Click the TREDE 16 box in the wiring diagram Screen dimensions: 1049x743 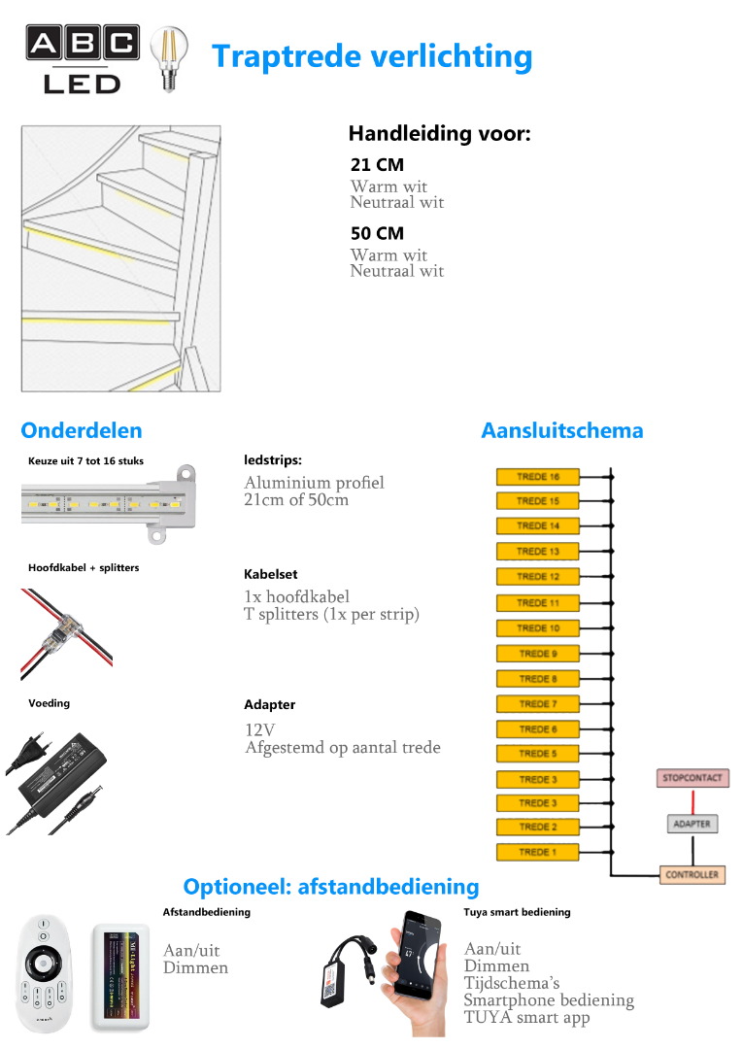(x=537, y=476)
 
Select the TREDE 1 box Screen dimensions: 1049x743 (x=537, y=852)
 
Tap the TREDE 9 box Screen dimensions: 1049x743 (x=537, y=653)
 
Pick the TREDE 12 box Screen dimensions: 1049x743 (x=537, y=576)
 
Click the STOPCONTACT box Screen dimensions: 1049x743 (x=692, y=778)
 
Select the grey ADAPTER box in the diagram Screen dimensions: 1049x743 (x=692, y=824)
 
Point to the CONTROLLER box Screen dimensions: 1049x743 (x=692, y=874)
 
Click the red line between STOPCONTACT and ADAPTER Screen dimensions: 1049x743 (x=692, y=800)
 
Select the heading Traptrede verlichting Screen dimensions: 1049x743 (x=372, y=56)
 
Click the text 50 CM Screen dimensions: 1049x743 (x=377, y=233)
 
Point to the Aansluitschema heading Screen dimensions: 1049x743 (x=561, y=430)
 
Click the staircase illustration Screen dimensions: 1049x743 (x=120, y=258)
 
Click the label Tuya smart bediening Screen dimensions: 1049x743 (x=517, y=912)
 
